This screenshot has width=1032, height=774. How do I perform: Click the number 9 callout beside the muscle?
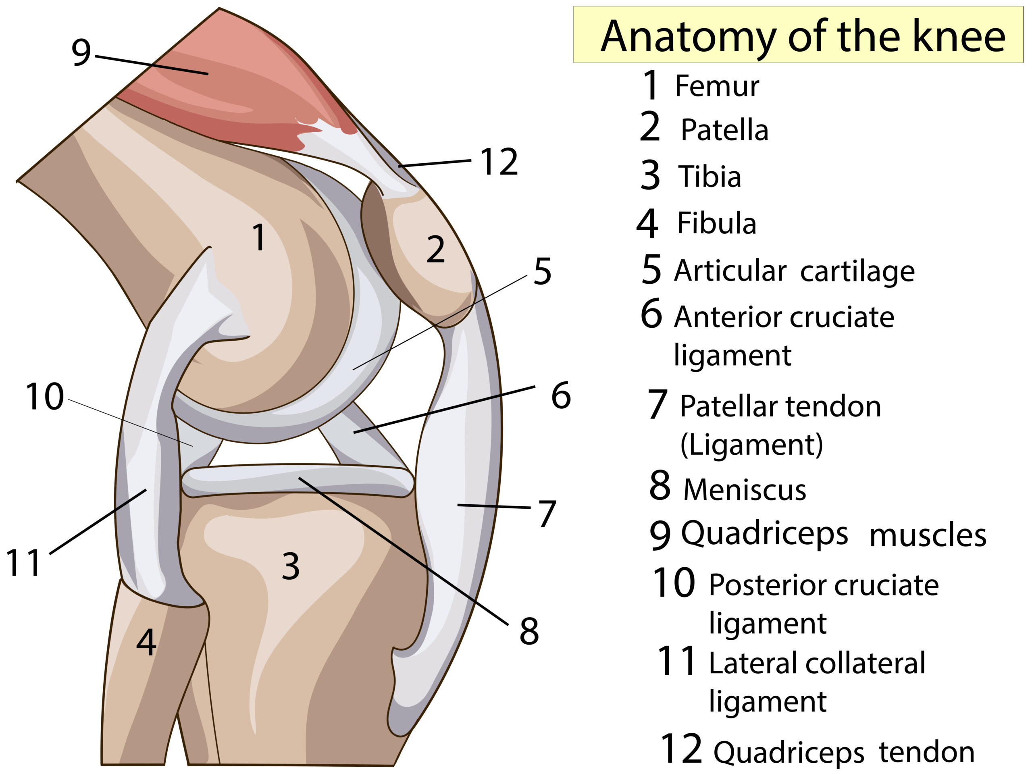[x=81, y=52]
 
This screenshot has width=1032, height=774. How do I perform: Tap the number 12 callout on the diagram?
[x=499, y=162]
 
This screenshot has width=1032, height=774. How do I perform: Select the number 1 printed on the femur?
[x=259, y=237]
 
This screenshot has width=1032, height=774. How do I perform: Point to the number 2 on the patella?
[x=435, y=249]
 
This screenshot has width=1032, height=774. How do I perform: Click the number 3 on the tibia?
[x=291, y=566]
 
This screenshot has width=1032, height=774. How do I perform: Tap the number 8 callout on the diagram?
[x=529, y=631]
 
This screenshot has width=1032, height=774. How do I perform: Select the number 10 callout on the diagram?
[x=44, y=397]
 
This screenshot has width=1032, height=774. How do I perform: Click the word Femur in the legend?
[x=717, y=86]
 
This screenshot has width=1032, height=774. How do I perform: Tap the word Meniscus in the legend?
[x=745, y=489]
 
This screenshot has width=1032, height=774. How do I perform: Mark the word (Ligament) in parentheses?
[x=751, y=445]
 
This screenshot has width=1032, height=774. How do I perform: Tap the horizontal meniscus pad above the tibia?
[x=297, y=481]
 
